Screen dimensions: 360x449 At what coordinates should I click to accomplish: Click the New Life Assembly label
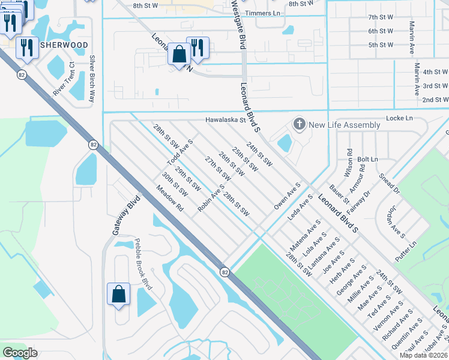click(344, 125)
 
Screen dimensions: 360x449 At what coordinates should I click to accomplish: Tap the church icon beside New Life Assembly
click(298, 125)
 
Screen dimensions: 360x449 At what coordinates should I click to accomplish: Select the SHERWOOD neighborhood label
click(64, 45)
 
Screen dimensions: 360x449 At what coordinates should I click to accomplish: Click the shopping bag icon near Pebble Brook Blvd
click(119, 294)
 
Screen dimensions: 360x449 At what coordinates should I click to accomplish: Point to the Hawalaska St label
click(226, 119)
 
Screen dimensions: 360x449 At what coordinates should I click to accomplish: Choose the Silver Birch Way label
click(92, 79)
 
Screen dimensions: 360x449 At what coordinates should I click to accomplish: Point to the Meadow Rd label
click(169, 197)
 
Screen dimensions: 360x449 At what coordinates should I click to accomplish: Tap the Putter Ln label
click(406, 251)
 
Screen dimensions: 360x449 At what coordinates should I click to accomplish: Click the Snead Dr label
click(389, 184)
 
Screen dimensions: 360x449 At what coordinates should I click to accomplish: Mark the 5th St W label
click(381, 45)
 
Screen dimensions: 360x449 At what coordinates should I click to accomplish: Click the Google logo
click(20, 353)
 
